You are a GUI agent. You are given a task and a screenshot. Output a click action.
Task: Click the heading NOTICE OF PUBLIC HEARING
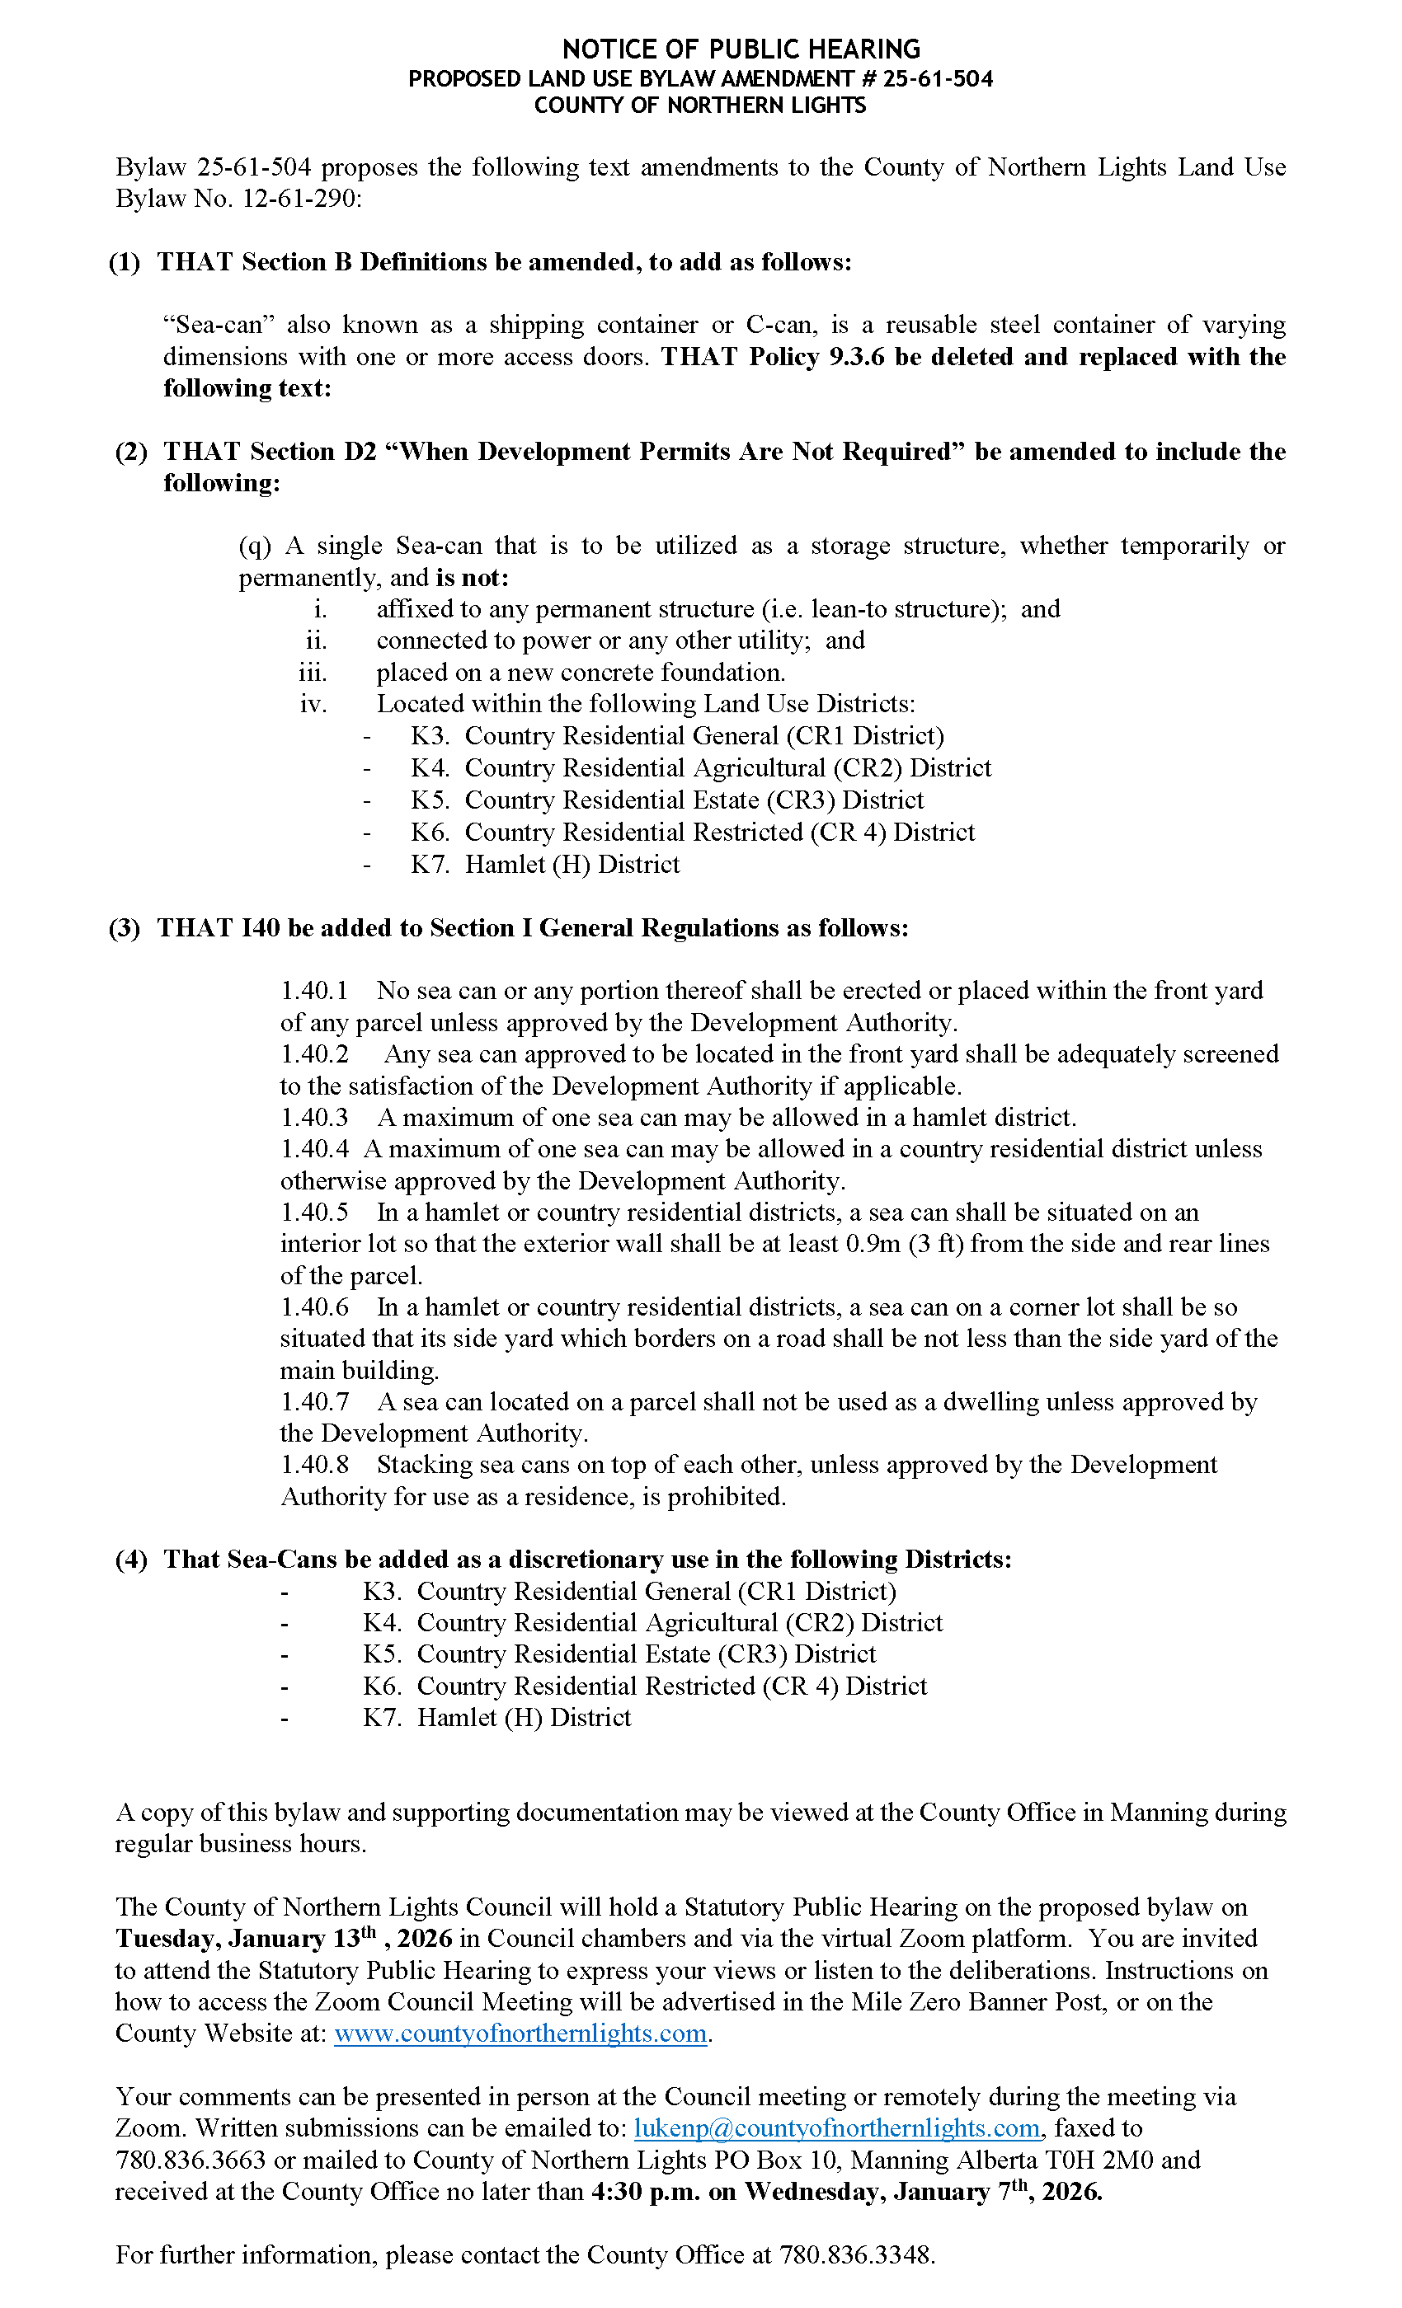point(741,49)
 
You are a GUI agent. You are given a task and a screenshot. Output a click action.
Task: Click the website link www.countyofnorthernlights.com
point(520,2034)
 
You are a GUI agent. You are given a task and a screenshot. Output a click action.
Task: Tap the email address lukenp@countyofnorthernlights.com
point(837,2128)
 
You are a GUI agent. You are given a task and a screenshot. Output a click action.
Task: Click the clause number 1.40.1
point(314,990)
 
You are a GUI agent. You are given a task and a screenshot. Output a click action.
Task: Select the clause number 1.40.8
point(314,1464)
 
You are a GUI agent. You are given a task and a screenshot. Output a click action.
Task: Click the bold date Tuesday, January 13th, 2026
point(284,1938)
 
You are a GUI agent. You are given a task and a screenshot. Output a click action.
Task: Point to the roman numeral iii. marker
point(312,673)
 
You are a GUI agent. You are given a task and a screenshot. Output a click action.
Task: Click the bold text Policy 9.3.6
point(816,357)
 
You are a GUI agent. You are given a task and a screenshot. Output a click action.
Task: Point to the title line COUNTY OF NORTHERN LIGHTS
point(699,105)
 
